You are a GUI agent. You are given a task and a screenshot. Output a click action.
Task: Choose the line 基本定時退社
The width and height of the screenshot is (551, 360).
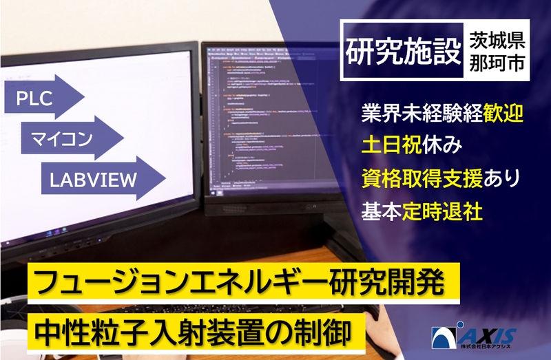click(421, 211)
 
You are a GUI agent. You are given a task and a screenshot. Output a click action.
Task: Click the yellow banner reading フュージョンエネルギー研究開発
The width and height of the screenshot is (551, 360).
click(240, 282)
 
